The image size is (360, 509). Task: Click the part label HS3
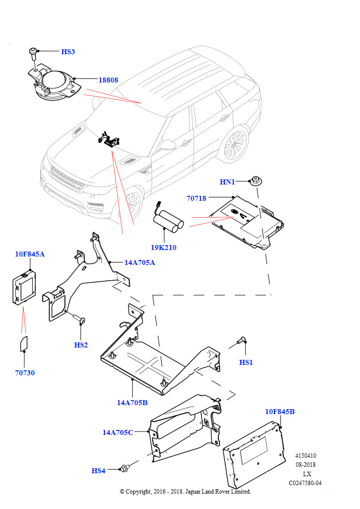tap(68, 52)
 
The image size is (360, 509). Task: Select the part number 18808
tap(108, 80)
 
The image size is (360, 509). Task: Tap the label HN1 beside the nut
tap(227, 182)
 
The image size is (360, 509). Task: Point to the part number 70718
tap(196, 198)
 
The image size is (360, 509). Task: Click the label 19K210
tap(164, 248)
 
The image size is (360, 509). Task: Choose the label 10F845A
tap(30, 254)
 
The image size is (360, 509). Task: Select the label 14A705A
tap(139, 262)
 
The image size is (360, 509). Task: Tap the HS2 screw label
tap(81, 345)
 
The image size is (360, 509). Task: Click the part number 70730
tap(25, 373)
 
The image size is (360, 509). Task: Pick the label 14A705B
tap(132, 403)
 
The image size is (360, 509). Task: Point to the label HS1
tap(246, 362)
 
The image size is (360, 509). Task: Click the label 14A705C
tap(118, 432)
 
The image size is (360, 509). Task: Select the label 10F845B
tap(280, 412)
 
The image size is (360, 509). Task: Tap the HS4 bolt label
tap(98, 471)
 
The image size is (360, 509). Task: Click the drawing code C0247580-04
tap(305, 483)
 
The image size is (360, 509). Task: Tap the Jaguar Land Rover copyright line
tap(185, 492)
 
